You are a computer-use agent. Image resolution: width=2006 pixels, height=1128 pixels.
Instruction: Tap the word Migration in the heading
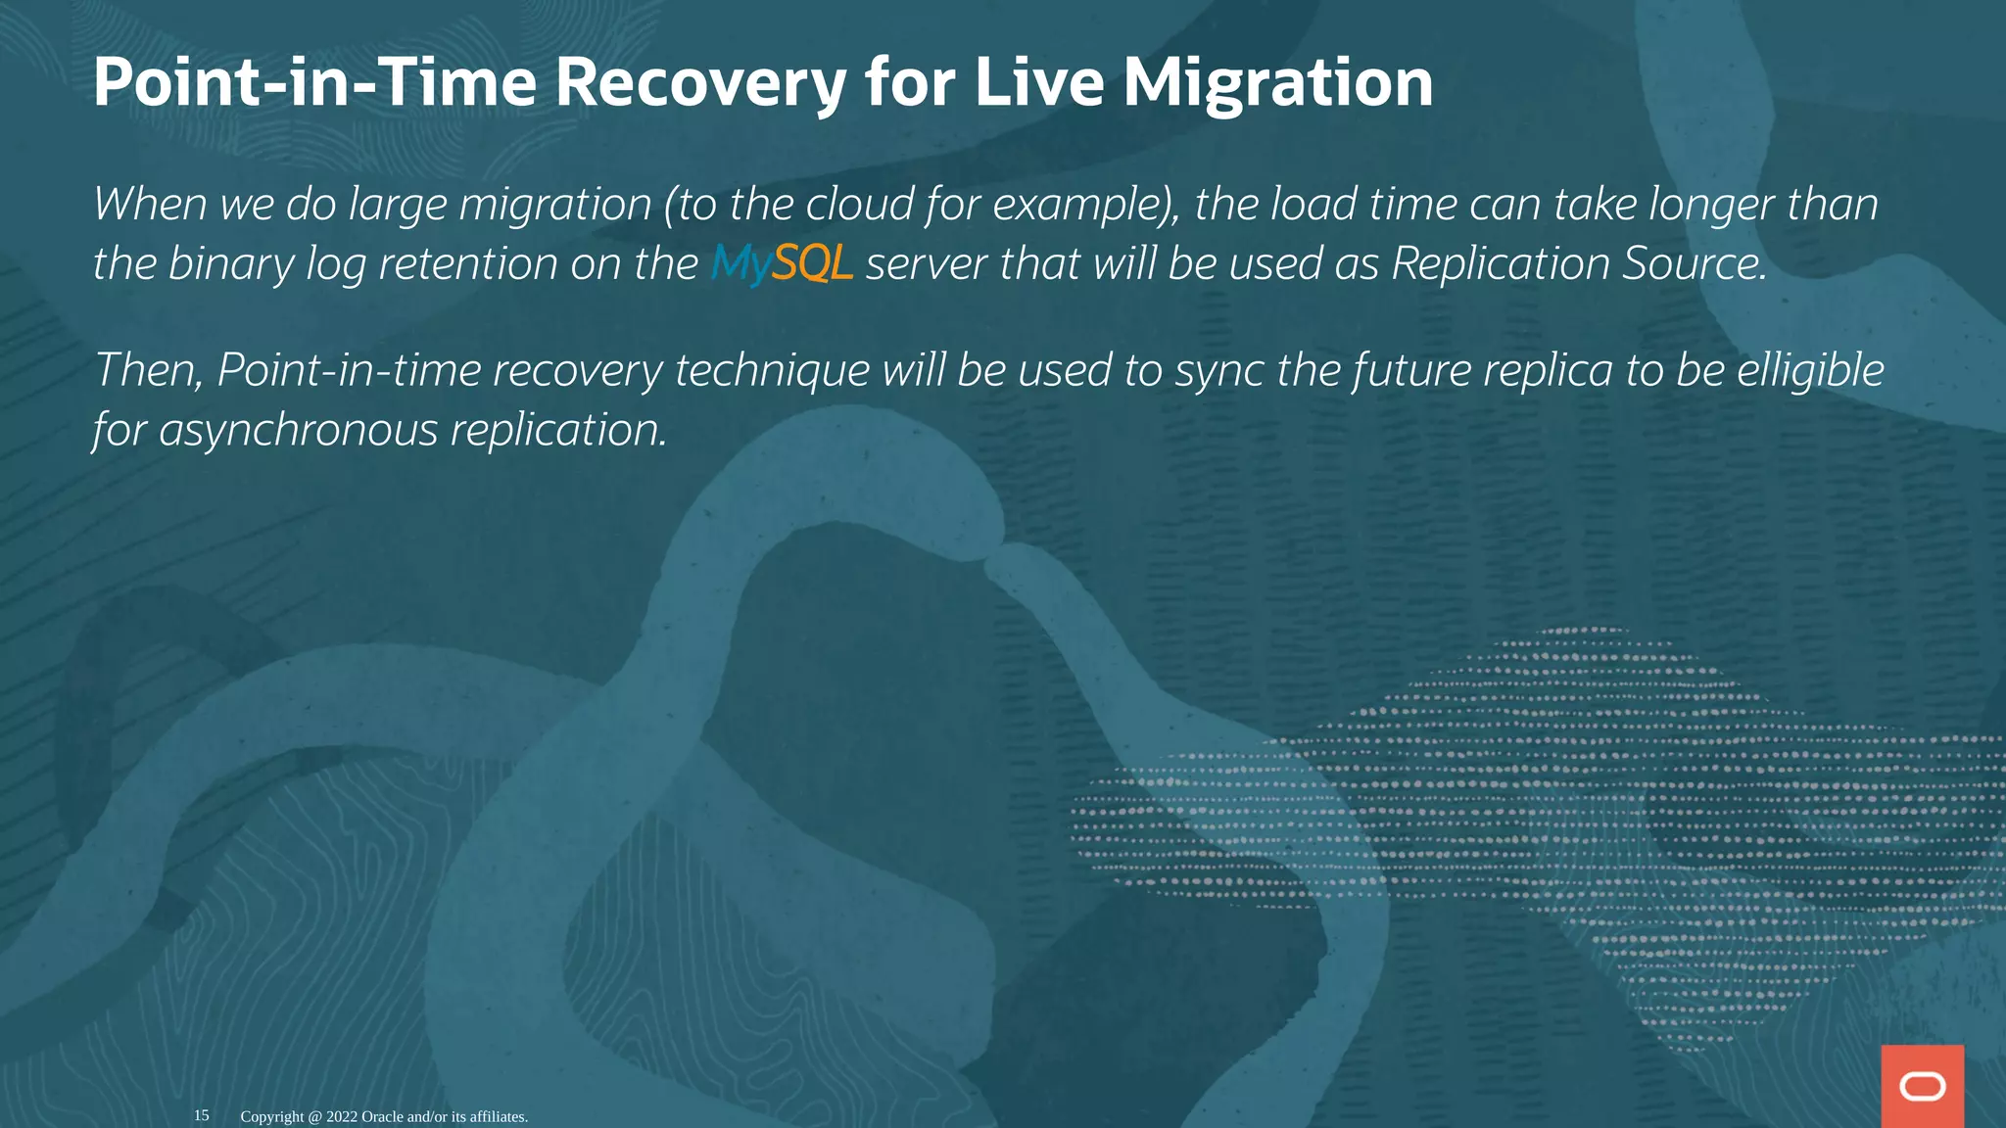(x=1277, y=82)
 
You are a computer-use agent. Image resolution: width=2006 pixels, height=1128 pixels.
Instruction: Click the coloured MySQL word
(x=782, y=263)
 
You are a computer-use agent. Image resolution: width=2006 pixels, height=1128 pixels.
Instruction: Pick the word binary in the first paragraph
(x=231, y=263)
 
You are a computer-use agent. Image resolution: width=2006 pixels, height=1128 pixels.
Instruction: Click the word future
(x=1410, y=370)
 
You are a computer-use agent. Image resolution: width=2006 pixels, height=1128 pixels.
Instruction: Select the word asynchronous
(x=298, y=430)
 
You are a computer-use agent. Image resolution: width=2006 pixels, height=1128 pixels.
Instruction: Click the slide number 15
(x=202, y=1115)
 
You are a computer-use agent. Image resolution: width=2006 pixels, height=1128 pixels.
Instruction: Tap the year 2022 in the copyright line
(x=342, y=1116)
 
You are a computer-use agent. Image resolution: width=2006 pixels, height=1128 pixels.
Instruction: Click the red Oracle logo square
(x=1922, y=1086)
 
